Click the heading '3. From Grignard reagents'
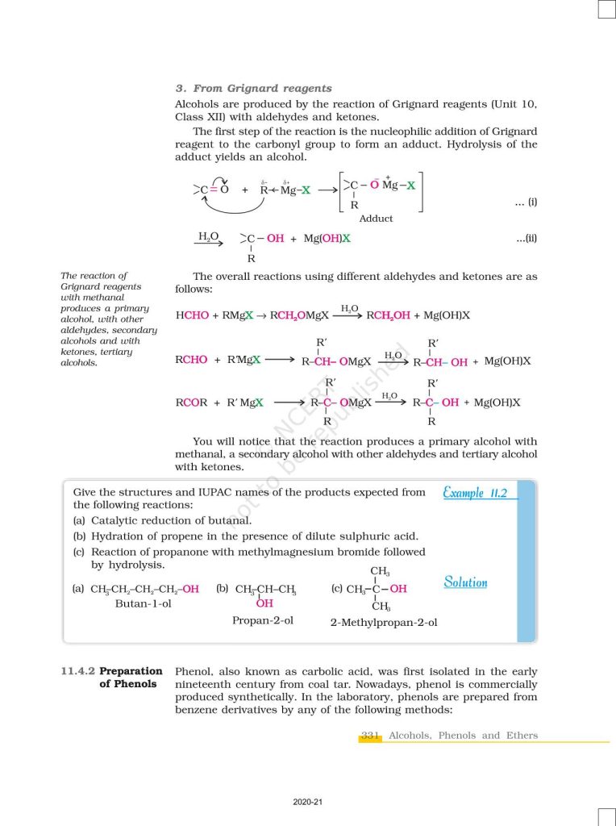253,89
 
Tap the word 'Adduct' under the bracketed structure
376,219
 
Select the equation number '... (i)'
526,202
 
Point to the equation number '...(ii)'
527,239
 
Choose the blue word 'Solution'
465,582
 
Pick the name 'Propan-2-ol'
262,620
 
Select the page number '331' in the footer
370,736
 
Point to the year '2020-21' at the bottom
308,803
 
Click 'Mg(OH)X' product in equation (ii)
326,239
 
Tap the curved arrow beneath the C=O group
234,207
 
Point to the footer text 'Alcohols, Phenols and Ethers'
463,736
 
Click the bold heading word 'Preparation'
131,671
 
